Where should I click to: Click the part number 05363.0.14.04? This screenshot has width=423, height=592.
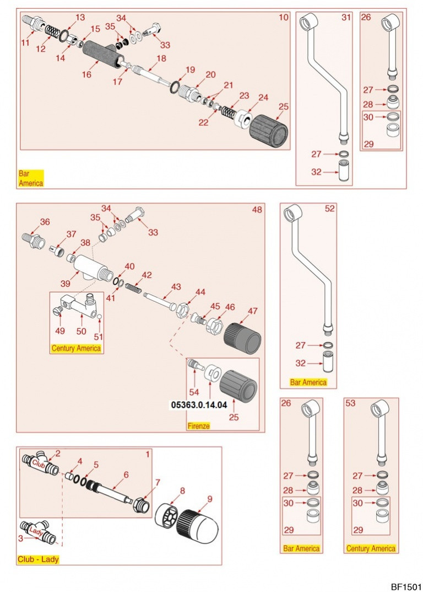(199, 405)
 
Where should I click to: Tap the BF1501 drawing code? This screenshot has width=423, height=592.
(406, 586)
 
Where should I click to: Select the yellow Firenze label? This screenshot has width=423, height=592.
(199, 426)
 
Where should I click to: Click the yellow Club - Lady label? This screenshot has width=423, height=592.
(38, 559)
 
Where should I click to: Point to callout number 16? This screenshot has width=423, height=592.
(86, 74)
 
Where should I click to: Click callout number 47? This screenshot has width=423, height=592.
(253, 311)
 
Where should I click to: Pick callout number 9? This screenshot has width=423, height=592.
(210, 499)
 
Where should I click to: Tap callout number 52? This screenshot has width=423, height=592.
(329, 209)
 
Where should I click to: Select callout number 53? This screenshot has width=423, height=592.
(351, 403)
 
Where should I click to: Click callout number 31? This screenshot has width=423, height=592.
(346, 17)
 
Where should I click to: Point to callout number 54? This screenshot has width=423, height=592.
(194, 392)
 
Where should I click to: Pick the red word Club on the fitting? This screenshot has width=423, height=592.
(39, 463)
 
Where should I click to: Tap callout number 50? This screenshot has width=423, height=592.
(82, 331)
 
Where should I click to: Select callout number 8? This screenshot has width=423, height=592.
(182, 491)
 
